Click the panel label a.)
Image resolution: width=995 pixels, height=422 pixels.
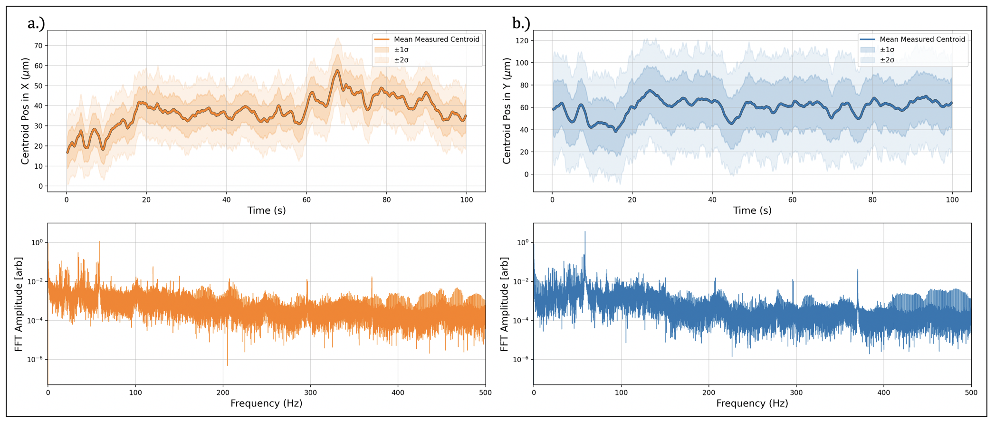pyautogui.click(x=36, y=23)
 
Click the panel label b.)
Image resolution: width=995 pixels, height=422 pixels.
pyautogui.click(x=521, y=23)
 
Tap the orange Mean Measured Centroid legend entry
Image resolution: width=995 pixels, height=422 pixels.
pyautogui.click(x=436, y=39)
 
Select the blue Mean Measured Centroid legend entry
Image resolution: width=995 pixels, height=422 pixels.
pyautogui.click(x=922, y=39)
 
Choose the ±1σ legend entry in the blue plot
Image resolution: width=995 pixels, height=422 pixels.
pyautogui.click(x=887, y=50)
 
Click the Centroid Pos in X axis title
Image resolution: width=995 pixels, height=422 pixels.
pyautogui.click(x=25, y=111)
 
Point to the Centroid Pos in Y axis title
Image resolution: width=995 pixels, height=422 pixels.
pyautogui.click(x=507, y=111)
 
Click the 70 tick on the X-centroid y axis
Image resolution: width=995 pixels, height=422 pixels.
pyautogui.click(x=38, y=46)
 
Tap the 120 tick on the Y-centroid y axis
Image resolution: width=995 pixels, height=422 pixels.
pyautogui.click(x=522, y=41)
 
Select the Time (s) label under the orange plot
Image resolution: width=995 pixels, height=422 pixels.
pyautogui.click(x=267, y=211)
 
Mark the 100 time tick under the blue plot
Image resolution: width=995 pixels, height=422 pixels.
pyautogui.click(x=952, y=200)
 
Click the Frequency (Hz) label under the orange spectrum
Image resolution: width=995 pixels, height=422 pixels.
pyautogui.click(x=267, y=403)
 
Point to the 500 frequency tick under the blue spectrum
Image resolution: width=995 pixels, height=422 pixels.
pyautogui.click(x=971, y=393)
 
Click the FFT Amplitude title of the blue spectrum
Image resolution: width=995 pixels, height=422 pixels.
pyautogui.click(x=505, y=304)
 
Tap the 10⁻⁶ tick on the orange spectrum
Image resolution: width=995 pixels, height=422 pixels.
pyautogui.click(x=35, y=359)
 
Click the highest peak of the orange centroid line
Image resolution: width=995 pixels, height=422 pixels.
pyautogui.click(x=337, y=70)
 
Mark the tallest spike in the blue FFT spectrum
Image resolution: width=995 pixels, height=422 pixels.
pyautogui.click(x=585, y=232)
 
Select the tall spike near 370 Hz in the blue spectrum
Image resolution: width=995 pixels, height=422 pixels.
pyautogui.click(x=858, y=270)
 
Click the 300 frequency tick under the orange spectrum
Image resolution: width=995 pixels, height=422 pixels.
pyautogui.click(x=310, y=393)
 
